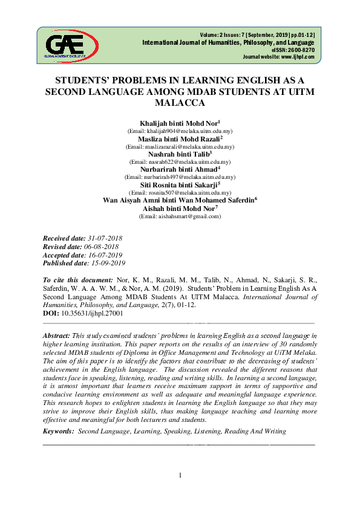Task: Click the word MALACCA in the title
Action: pos(180,103)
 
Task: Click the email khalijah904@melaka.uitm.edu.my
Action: pos(180,131)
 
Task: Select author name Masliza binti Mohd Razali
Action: pos(171,139)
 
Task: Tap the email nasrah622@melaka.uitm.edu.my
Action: pos(180,162)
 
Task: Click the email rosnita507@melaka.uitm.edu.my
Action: pos(180,192)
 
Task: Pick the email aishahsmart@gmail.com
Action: pos(180,216)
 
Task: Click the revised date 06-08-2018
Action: pos(100,248)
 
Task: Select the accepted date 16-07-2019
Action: pos(103,256)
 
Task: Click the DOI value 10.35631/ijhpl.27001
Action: pos(92,314)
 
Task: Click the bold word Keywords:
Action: pos(58,432)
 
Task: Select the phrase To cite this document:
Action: pos(77,281)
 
